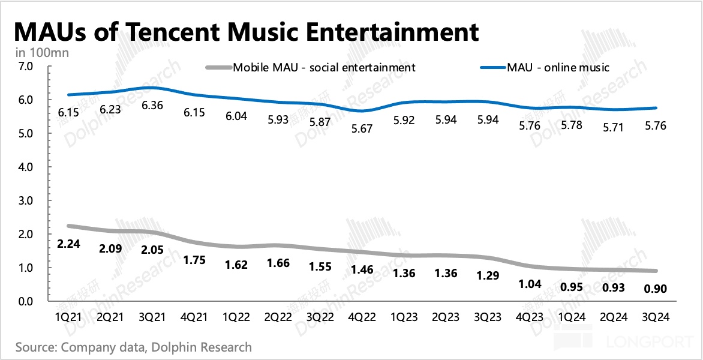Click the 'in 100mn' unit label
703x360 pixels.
click(42, 53)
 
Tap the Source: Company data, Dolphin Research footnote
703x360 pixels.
click(133, 347)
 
